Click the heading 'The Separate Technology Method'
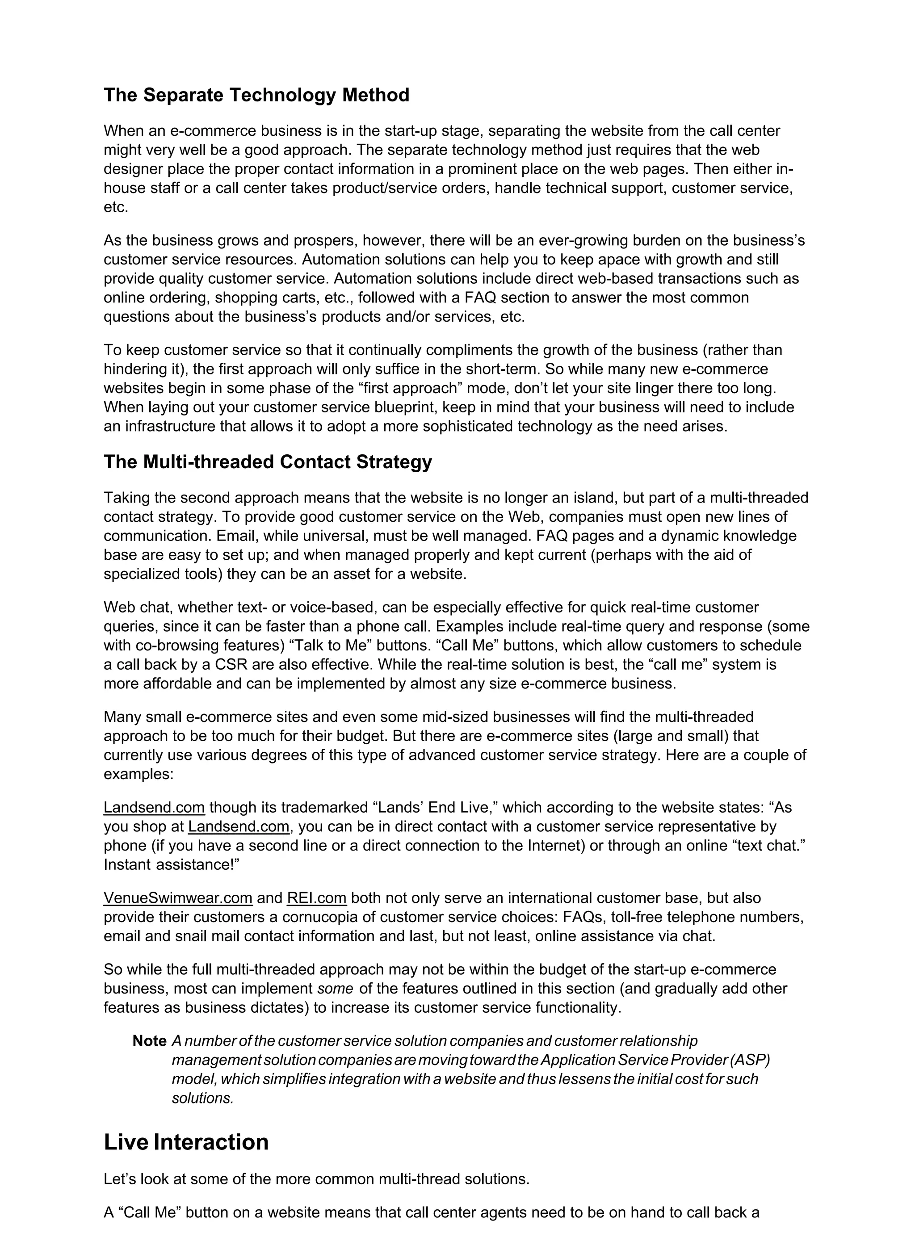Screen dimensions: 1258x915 (256, 96)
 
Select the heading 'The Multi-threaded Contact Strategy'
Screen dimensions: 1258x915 (268, 462)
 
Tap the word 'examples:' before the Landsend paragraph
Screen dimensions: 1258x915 (139, 774)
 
